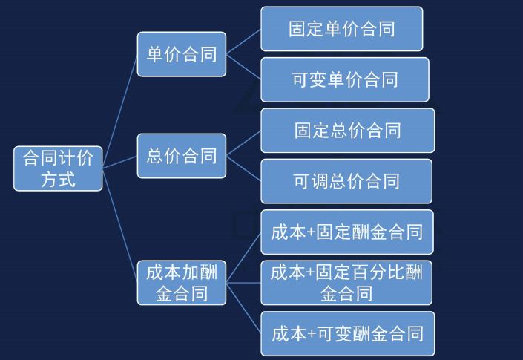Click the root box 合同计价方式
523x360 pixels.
coord(58,168)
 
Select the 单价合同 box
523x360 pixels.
coord(182,53)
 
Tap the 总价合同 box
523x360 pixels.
coord(182,156)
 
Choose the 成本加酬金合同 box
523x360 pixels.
coord(182,283)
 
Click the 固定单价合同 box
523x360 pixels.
coord(341,29)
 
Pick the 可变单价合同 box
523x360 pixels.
coord(344,79)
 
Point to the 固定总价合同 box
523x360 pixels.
coord(347,131)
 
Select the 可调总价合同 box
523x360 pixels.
coord(346,181)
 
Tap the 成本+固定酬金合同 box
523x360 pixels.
coord(347,232)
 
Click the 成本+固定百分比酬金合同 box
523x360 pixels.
coord(346,283)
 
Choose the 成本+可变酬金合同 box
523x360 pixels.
coord(347,334)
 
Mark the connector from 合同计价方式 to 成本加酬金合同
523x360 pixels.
coord(120,222)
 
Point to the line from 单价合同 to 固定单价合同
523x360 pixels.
coord(243,42)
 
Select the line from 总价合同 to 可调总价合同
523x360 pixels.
coord(243,168)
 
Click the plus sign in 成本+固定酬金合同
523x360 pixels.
coord(311,233)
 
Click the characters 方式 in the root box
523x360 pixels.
coord(58,179)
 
